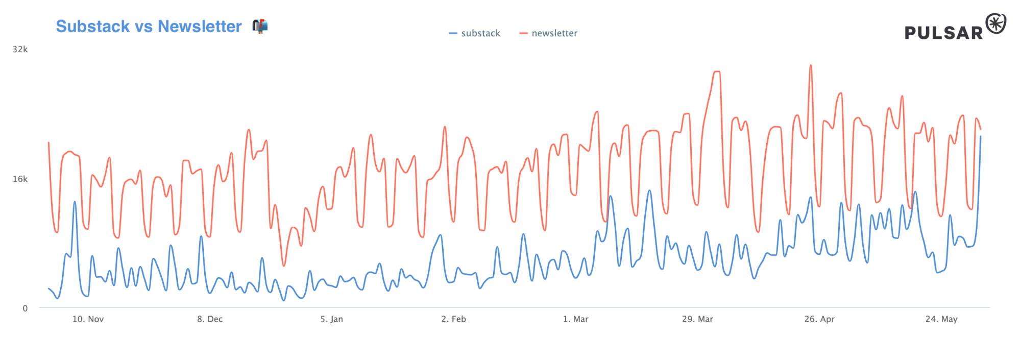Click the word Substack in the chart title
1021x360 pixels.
tap(93, 26)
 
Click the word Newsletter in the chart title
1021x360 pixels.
tap(200, 26)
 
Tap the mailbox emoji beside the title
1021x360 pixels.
tap(260, 26)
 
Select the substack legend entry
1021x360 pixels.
tap(475, 33)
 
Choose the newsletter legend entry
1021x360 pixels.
tap(549, 33)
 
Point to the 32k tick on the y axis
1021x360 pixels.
tap(20, 50)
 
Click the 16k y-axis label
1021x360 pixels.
tap(20, 179)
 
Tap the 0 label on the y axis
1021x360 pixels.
tap(25, 308)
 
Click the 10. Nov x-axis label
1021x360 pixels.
tap(88, 319)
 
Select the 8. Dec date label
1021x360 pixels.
tap(210, 319)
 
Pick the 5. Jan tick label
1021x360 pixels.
tap(332, 319)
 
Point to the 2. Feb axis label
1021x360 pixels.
tap(454, 319)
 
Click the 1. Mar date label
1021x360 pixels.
tap(575, 319)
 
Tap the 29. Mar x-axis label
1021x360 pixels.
tap(697, 319)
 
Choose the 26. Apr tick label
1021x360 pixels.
tap(819, 319)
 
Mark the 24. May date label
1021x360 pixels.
tap(941, 319)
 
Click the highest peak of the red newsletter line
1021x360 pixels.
tap(811, 65)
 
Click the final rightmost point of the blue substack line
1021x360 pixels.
tap(981, 136)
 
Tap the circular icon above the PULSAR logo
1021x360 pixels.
tap(996, 23)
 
